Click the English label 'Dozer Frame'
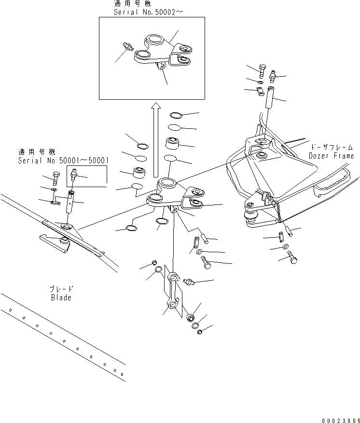(332, 156)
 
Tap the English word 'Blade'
(61, 297)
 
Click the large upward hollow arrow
(155, 139)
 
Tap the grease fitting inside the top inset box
(128, 46)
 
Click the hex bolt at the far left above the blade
(55, 178)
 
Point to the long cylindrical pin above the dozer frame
(269, 103)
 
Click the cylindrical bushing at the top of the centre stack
(173, 143)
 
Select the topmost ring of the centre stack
(176, 116)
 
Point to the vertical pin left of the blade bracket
(70, 201)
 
